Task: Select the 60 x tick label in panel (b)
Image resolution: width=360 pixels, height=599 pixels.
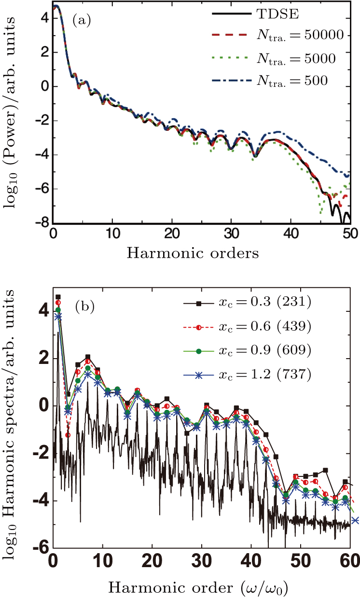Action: (x=350, y=561)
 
